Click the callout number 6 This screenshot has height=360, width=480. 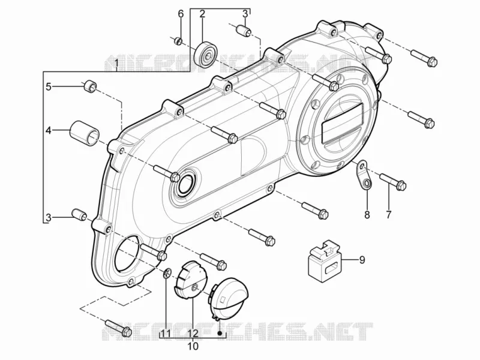[181, 14]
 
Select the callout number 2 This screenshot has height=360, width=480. [202, 14]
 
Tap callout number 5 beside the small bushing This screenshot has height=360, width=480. [49, 86]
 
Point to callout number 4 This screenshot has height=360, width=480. [49, 131]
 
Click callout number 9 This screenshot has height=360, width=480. [362, 260]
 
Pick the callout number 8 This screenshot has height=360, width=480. [367, 215]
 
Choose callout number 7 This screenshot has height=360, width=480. [388, 215]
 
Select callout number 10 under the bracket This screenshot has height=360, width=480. [193, 346]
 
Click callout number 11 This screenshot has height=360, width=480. [166, 333]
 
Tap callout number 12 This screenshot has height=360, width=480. [193, 333]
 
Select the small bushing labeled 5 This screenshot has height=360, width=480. [89, 86]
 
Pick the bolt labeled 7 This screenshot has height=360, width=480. [393, 181]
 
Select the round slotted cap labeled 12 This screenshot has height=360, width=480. [190, 280]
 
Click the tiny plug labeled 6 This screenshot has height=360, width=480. [178, 41]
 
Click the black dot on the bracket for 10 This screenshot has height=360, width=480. [220, 333]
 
